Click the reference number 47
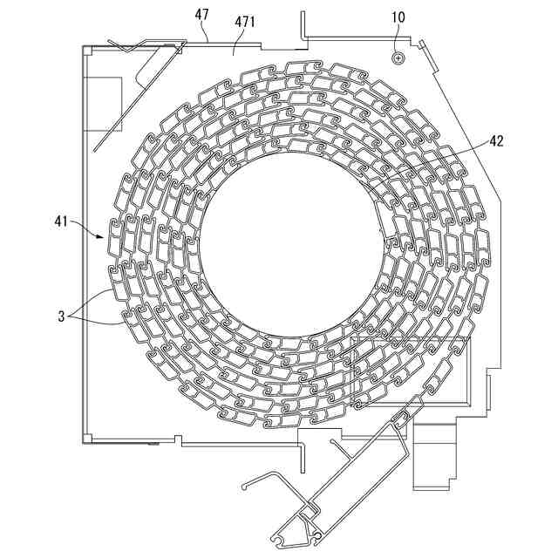click(x=201, y=14)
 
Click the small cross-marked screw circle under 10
click(x=398, y=58)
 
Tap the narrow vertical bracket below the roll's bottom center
click(x=302, y=449)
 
